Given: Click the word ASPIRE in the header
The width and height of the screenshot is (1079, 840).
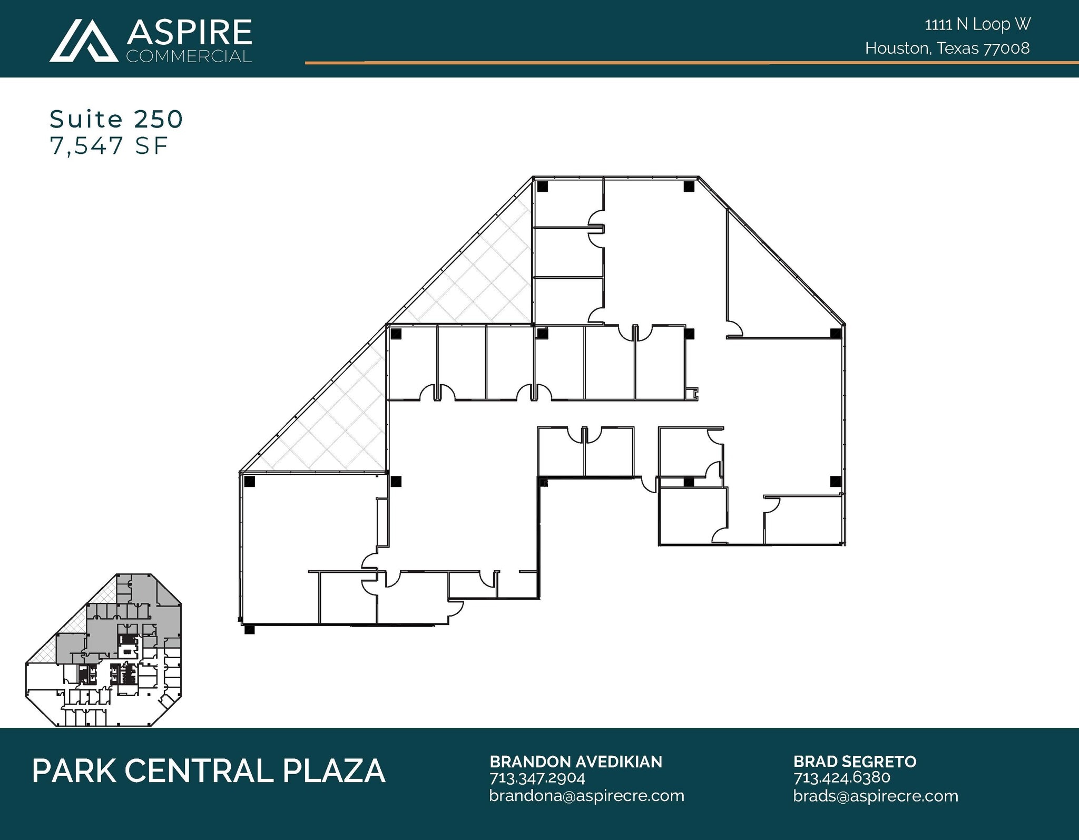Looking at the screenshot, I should tap(189, 33).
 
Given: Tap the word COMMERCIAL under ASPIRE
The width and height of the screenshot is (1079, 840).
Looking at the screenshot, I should tap(189, 56).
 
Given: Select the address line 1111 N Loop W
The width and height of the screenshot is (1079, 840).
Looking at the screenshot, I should tap(977, 24).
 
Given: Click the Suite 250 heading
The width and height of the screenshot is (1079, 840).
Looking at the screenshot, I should tap(116, 119).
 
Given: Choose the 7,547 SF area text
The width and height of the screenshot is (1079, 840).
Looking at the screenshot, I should tap(109, 146).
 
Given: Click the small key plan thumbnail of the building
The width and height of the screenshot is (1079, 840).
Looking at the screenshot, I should tap(104, 650).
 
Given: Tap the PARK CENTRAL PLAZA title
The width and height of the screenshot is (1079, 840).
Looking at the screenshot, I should tap(208, 771).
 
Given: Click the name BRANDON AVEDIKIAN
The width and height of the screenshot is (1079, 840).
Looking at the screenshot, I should tap(576, 761).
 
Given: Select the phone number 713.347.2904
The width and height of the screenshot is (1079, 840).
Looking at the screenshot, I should tap(537, 778).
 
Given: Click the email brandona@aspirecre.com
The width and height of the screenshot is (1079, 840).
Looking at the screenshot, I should tap(586, 796).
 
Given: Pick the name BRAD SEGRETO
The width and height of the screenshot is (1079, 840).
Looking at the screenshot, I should tap(855, 761).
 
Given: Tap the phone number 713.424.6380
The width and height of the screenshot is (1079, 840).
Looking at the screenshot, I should tap(841, 778).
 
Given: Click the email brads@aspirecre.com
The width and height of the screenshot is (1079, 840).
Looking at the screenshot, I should tap(875, 796).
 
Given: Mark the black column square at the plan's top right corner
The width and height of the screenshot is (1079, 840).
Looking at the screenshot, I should tap(689, 186).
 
